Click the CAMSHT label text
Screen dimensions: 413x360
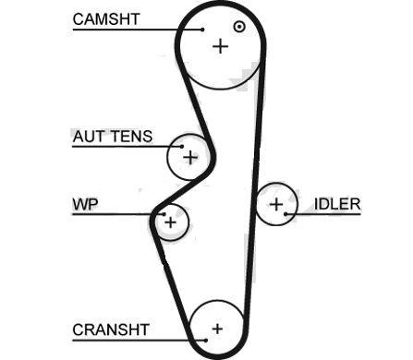pyautogui.click(x=106, y=19)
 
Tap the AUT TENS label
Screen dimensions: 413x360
pyautogui.click(x=113, y=137)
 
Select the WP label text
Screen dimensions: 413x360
pyautogui.click(x=85, y=204)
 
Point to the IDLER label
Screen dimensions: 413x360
pyautogui.click(x=337, y=204)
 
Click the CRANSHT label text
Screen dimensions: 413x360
pyautogui.click(x=111, y=330)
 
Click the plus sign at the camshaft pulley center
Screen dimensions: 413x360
pyautogui.click(x=221, y=46)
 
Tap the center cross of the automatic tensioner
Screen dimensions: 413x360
pyautogui.click(x=190, y=158)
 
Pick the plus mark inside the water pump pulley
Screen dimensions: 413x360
pyautogui.click(x=170, y=222)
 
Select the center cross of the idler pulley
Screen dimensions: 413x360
pyautogui.click(x=276, y=204)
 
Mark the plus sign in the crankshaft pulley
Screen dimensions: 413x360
pyautogui.click(x=217, y=329)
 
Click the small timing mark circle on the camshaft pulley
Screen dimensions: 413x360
pyautogui.click(x=239, y=27)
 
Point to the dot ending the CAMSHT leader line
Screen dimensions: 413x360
pyautogui.click(x=202, y=30)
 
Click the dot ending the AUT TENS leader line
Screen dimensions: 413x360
pyautogui.click(x=182, y=147)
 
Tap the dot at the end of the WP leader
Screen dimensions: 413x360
pyautogui.click(x=164, y=214)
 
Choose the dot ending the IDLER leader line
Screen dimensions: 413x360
pyautogui.click(x=285, y=214)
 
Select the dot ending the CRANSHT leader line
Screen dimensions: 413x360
pyautogui.click(x=206, y=340)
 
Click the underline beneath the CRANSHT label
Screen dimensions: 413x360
pyautogui.click(x=139, y=341)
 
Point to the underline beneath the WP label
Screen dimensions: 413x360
pyautogui.click(x=118, y=214)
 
